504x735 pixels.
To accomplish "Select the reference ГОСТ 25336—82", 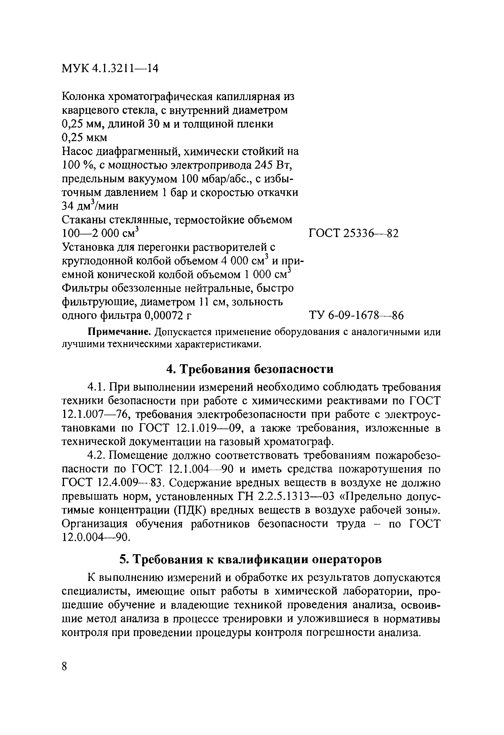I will point(353,234).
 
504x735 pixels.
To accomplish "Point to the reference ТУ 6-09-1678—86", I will point(356,315).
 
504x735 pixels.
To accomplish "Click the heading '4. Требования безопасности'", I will point(250,369).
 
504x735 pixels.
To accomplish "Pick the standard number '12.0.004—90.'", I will point(95,537).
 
